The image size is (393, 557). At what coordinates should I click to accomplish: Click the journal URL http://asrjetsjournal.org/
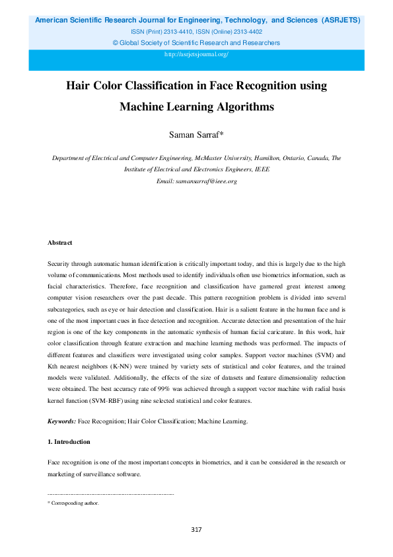[196, 54]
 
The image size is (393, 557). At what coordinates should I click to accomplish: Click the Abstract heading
[60, 243]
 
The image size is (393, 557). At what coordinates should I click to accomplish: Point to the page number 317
[196, 529]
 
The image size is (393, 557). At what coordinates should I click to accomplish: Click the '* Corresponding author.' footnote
[73, 503]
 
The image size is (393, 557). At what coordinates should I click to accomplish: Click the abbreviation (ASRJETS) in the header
[341, 20]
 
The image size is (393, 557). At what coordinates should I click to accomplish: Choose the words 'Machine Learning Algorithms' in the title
[196, 106]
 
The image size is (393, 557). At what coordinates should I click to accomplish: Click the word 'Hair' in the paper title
[79, 86]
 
